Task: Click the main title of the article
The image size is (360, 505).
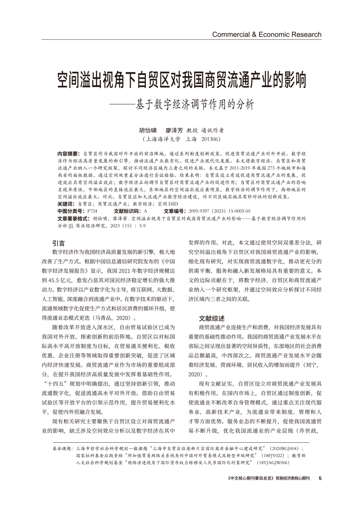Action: pyautogui.click(x=182, y=80)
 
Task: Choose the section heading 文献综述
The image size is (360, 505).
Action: pyautogui.click(x=212, y=318)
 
